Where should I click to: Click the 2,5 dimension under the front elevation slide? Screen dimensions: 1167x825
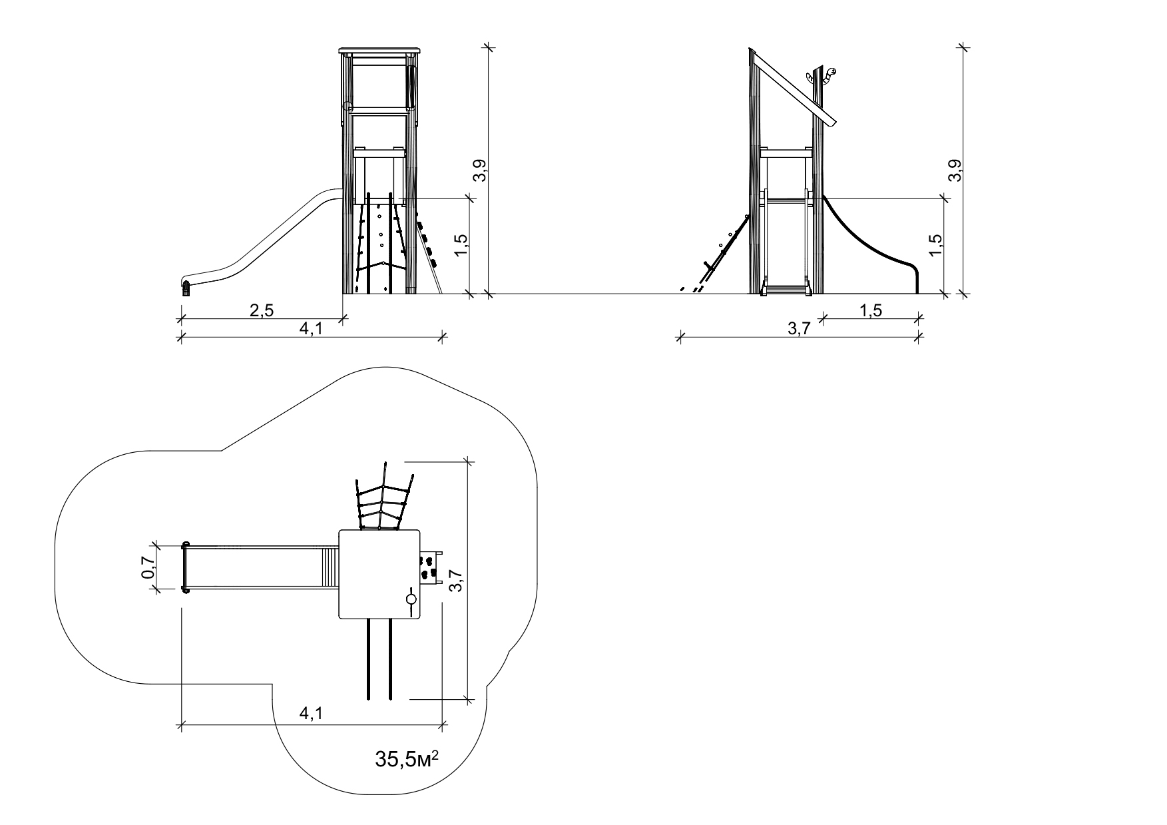(x=262, y=310)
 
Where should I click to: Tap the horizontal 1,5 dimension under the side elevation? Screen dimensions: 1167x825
(x=869, y=310)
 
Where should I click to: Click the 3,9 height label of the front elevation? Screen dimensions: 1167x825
(x=479, y=171)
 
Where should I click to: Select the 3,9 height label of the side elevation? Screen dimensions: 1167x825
(x=955, y=171)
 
